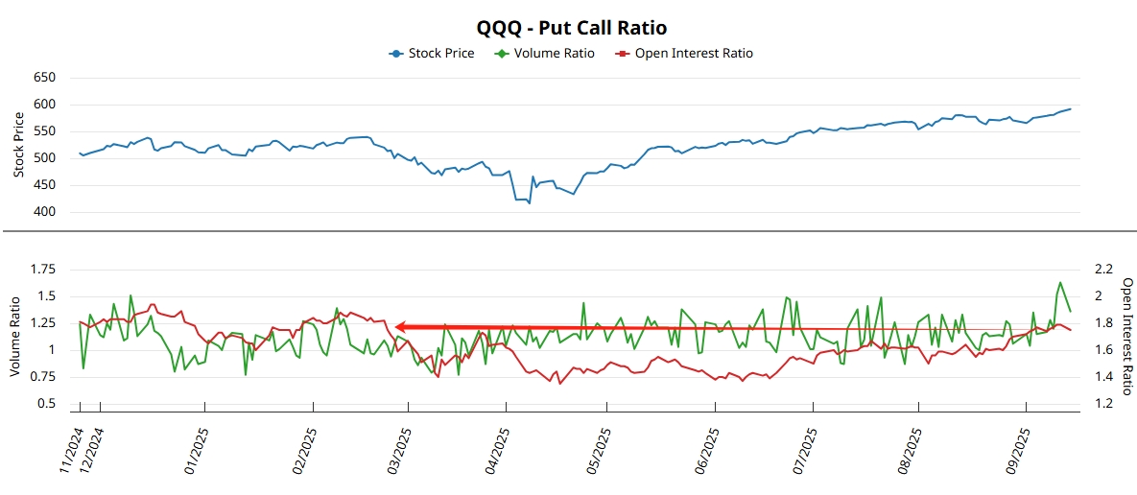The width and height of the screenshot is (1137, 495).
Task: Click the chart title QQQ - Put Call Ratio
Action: pos(571,27)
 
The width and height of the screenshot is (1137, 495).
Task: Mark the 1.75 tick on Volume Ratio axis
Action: pos(42,270)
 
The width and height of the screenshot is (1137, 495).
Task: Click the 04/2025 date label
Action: pos(497,448)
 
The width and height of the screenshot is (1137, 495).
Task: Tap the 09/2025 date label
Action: pos(1018,448)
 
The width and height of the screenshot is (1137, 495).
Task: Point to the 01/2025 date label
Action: pos(197,448)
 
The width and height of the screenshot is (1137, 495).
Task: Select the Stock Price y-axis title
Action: pos(19,145)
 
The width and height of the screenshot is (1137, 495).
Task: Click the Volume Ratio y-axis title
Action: pos(16,337)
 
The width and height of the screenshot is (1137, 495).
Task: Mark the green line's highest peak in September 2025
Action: pos(1060,283)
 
